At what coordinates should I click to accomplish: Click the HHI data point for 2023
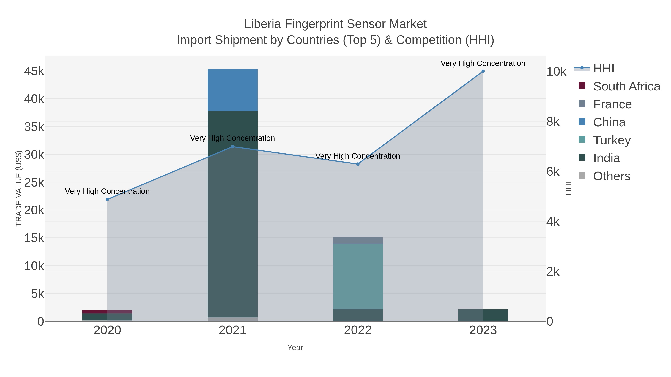[x=483, y=71]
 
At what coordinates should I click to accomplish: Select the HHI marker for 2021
[x=233, y=147]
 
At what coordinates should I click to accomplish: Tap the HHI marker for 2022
[x=358, y=164]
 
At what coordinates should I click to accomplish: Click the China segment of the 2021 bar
[x=232, y=90]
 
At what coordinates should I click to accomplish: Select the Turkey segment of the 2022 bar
[x=358, y=277]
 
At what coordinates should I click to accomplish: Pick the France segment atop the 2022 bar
[x=358, y=240]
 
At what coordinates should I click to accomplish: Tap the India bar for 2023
[x=483, y=315]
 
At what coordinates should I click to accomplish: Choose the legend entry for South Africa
[x=626, y=86]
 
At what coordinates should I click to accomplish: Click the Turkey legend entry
[x=612, y=140]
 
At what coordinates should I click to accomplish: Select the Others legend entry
[x=611, y=176]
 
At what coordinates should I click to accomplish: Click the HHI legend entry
[x=603, y=69]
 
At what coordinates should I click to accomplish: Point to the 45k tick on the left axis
[x=34, y=71]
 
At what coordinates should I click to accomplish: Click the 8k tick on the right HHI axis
[x=553, y=122]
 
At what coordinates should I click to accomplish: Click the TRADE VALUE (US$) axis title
[x=19, y=188]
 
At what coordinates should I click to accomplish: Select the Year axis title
[x=295, y=348]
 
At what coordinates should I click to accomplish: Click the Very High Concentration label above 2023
[x=483, y=63]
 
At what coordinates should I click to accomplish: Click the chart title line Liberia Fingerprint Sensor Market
[x=335, y=24]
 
